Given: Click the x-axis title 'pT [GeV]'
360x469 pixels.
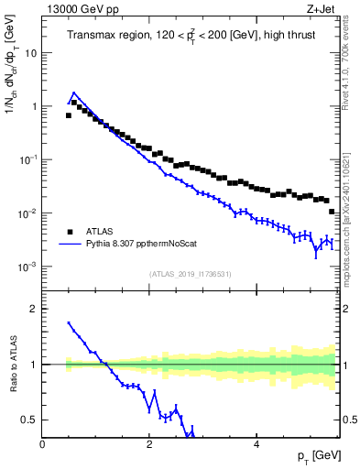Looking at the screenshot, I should [x=316, y=455].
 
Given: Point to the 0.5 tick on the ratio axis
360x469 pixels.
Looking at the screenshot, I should [x=30, y=420].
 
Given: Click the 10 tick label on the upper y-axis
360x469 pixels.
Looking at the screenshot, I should [x=30, y=53].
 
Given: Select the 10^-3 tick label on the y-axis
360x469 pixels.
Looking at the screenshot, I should [x=28, y=267].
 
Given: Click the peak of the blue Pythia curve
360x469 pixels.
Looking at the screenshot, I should [x=74, y=93].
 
